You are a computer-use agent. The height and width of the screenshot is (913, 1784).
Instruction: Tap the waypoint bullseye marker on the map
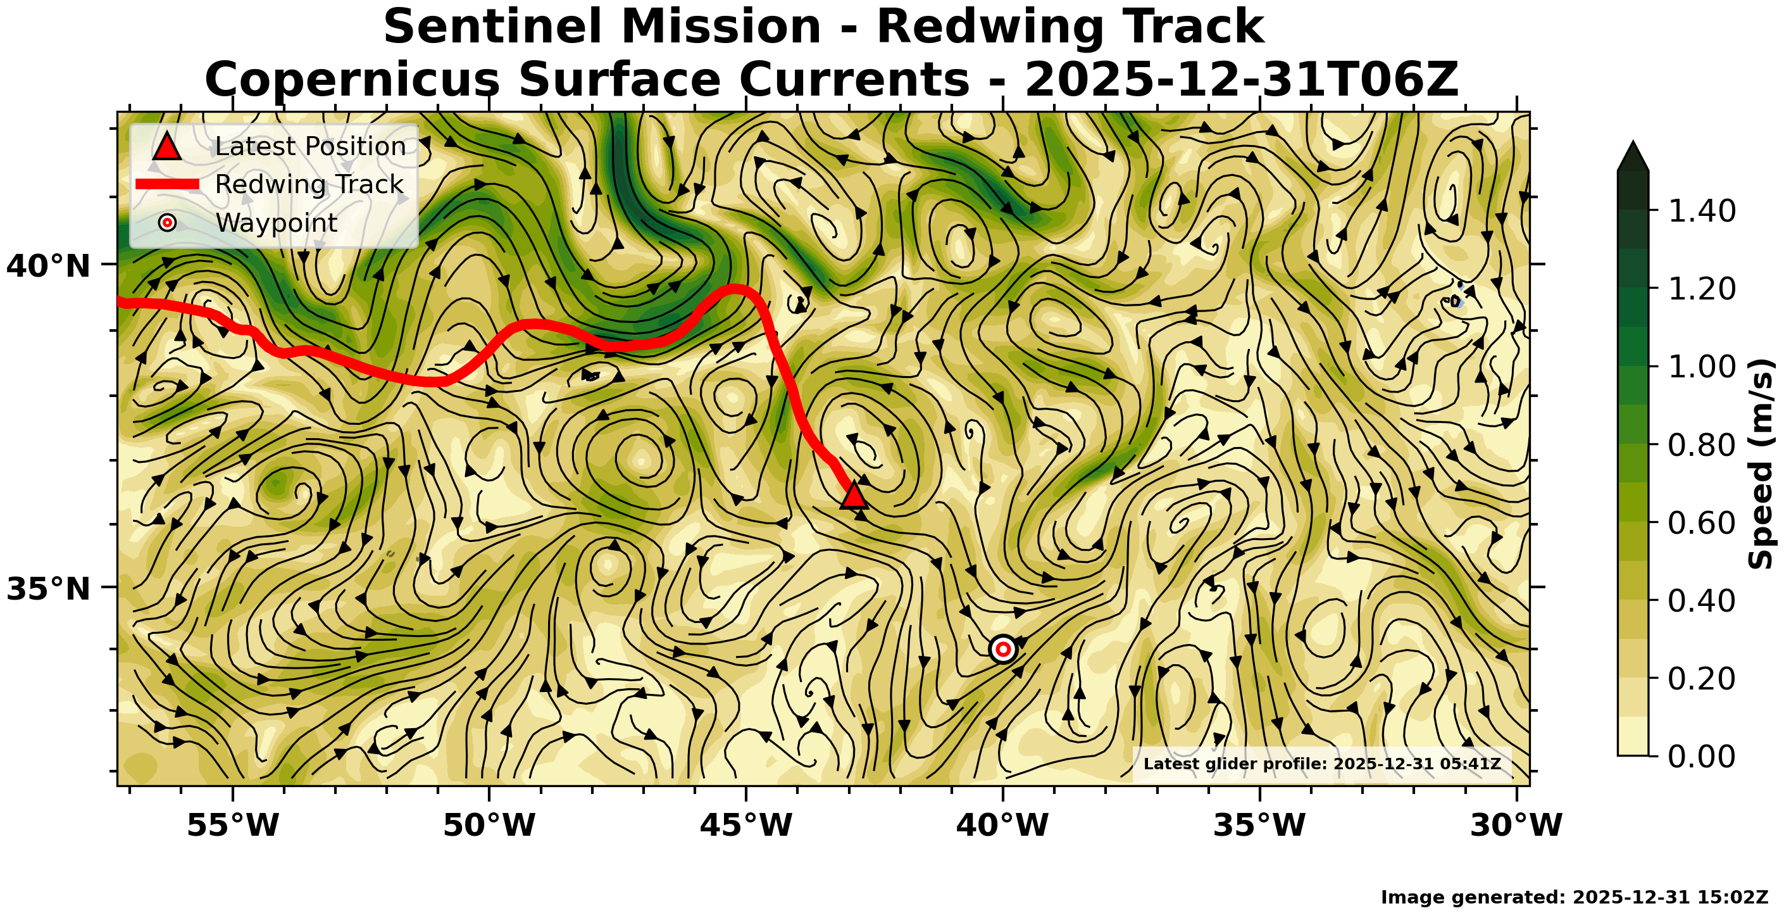[1003, 649]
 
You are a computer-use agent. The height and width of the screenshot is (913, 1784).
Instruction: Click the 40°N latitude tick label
[49, 266]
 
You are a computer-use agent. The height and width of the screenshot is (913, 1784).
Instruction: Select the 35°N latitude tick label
[49, 589]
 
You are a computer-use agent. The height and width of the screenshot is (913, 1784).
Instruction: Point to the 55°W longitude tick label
[234, 825]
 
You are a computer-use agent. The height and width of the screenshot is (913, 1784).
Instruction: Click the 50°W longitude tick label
[490, 825]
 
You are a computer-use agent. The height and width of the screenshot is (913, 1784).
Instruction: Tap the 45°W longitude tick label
[746, 825]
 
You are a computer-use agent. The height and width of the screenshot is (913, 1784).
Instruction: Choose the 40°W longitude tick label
[1003, 825]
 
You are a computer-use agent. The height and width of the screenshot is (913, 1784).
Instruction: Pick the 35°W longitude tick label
[1260, 825]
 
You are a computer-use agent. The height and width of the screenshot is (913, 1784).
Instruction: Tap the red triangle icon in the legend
[167, 147]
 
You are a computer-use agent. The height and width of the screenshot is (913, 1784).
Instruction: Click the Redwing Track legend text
[309, 184]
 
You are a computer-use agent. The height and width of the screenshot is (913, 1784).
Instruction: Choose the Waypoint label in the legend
[277, 223]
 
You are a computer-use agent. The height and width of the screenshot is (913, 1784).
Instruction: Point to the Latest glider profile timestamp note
[1322, 764]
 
